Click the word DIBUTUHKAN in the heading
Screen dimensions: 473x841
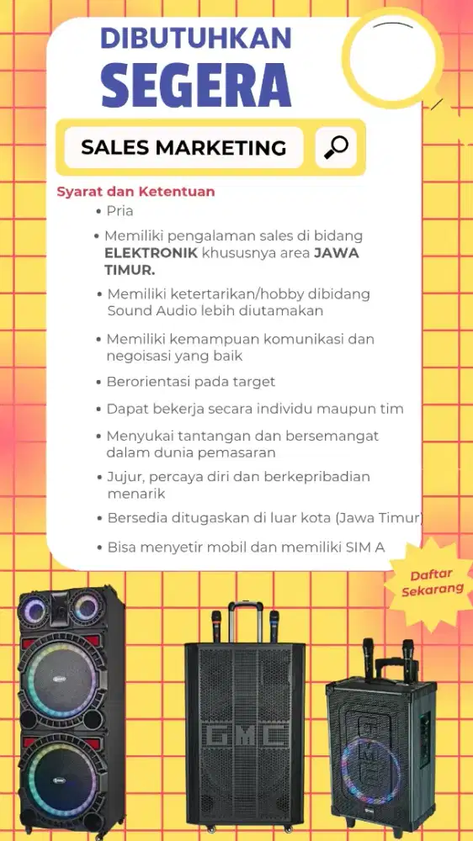[195, 38]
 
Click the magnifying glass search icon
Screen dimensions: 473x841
[336, 148]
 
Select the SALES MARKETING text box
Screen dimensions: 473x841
[183, 148]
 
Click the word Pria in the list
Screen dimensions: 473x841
[120, 211]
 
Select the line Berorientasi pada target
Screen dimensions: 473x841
[190, 382]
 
